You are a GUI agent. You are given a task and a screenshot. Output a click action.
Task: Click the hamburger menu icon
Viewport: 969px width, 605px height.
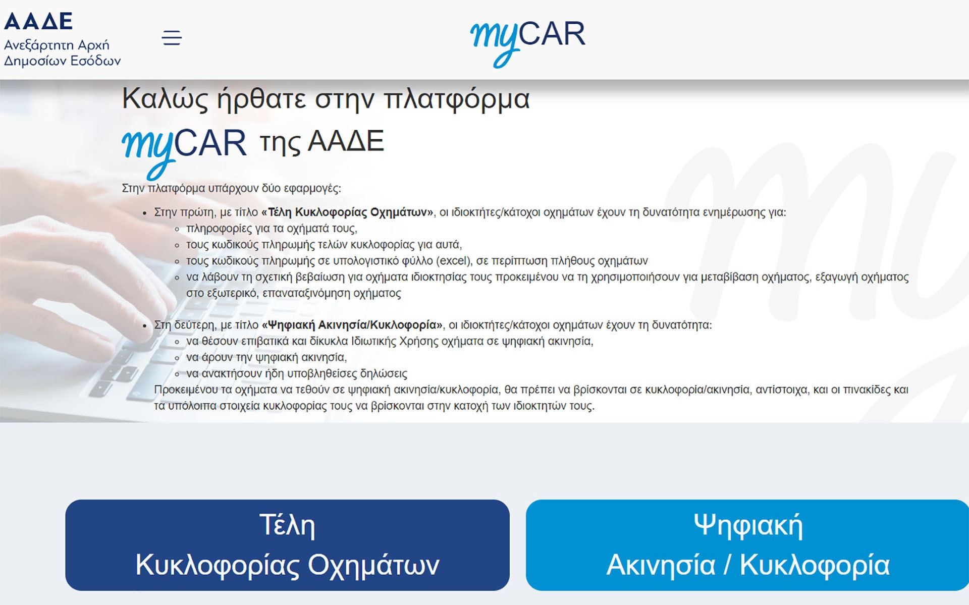tap(172, 38)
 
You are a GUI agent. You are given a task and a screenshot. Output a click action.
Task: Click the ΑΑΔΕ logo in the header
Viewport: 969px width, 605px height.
tap(38, 21)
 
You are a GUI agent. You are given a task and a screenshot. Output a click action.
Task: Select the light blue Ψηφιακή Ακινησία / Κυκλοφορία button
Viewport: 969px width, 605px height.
tap(747, 545)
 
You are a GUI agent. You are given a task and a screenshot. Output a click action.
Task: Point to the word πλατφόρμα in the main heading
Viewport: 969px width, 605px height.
tap(456, 98)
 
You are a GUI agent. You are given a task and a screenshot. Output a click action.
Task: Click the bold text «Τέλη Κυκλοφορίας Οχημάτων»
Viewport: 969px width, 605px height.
tap(347, 212)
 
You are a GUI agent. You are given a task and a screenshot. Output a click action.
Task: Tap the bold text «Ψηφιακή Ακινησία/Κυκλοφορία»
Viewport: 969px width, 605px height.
tap(352, 325)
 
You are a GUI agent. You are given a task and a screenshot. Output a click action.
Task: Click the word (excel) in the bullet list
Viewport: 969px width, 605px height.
tap(454, 261)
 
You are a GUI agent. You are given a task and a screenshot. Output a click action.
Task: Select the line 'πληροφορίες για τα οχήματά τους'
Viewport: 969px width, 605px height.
tap(272, 229)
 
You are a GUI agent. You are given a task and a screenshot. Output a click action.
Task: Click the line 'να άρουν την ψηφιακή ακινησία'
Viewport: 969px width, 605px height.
tap(266, 358)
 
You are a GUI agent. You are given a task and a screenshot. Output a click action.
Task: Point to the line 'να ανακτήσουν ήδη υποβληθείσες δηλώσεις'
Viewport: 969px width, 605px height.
tap(296, 374)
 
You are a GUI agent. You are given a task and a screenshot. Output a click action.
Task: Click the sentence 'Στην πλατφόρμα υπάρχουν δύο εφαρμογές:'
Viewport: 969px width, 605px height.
tap(231, 189)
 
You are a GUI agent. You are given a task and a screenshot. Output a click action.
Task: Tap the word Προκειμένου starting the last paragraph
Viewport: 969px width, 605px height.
tap(186, 390)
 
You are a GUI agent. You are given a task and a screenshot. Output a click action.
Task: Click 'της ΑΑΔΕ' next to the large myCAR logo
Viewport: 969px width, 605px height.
tap(322, 142)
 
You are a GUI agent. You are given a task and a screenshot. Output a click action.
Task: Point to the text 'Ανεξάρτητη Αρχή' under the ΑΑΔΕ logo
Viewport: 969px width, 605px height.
tap(57, 45)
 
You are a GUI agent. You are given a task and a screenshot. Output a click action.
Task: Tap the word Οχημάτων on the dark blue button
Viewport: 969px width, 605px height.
tap(373, 565)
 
